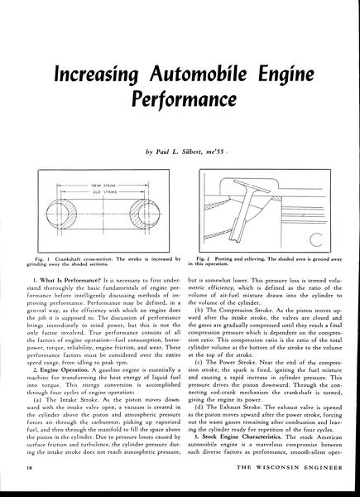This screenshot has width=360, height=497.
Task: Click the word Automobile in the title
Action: pyautogui.click(x=198, y=74)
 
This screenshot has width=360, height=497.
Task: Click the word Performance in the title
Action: pyautogui.click(x=185, y=99)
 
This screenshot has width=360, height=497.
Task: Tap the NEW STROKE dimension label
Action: pyautogui.click(x=103, y=185)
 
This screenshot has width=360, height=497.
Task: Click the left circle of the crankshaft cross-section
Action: pyautogui.click(x=61, y=214)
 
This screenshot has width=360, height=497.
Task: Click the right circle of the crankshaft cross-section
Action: pyautogui.click(x=145, y=214)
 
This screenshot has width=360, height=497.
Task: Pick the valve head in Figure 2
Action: pyautogui.click(x=252, y=186)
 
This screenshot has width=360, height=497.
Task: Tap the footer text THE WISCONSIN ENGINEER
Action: pyautogui.click(x=290, y=467)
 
